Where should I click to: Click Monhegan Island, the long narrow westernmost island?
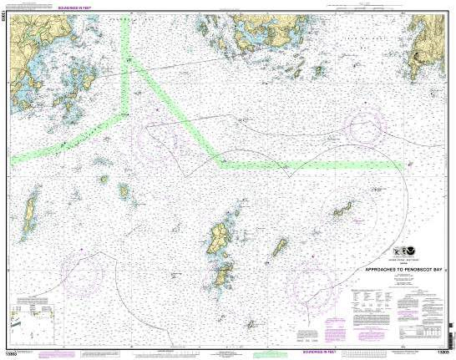[30, 213]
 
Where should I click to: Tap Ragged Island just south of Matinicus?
[224, 274]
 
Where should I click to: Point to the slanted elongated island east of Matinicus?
[279, 247]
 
